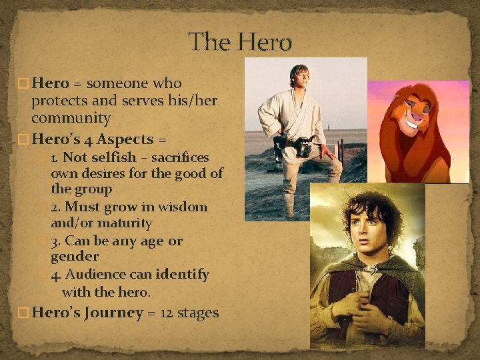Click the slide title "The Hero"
[x=241, y=42]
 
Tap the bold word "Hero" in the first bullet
[x=51, y=83]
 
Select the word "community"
[x=71, y=118]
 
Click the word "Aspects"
[x=125, y=139]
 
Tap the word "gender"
[x=75, y=257]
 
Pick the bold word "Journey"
[x=113, y=313]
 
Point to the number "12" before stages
[x=167, y=313]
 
